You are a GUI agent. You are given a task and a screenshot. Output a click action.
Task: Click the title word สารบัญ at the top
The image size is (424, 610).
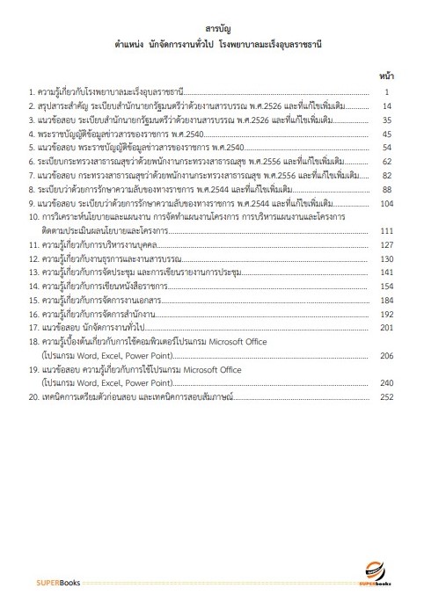(x=211, y=29)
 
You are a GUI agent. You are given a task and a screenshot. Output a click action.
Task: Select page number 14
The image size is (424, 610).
(x=386, y=106)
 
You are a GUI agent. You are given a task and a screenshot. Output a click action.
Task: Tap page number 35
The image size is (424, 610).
(x=386, y=120)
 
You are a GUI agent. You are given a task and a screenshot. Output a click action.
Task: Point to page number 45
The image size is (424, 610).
(x=386, y=134)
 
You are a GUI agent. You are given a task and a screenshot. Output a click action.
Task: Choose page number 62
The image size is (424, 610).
(x=386, y=162)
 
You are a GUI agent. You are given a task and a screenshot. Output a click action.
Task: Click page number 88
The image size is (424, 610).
(x=386, y=189)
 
